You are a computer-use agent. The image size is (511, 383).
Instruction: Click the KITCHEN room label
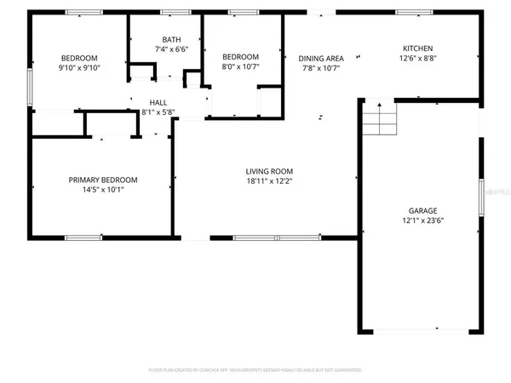(417, 49)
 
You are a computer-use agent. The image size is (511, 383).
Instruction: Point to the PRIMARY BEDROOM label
(102, 180)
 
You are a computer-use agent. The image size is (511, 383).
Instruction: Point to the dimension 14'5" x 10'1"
(102, 190)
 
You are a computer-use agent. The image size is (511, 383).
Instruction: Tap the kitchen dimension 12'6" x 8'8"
(417, 59)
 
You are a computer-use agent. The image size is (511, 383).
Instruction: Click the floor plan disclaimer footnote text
(255, 370)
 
